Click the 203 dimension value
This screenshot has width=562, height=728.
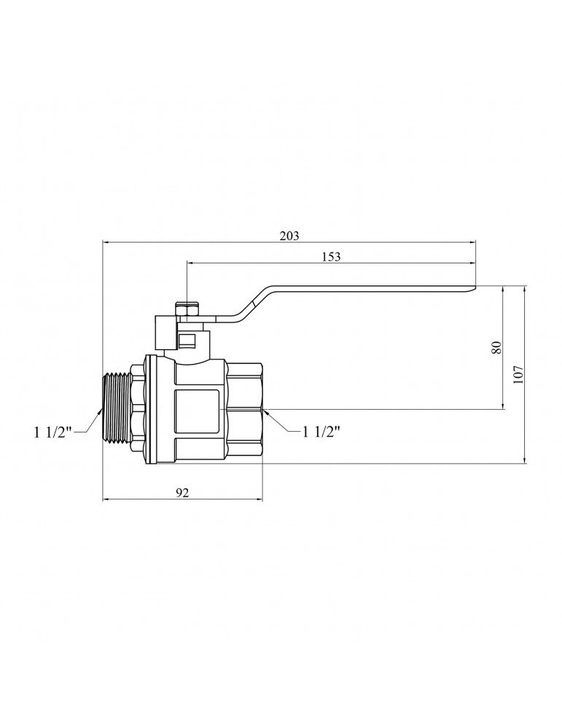click(x=289, y=235)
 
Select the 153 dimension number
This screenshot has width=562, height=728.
click(x=331, y=256)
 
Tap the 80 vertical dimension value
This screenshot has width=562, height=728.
click(x=496, y=348)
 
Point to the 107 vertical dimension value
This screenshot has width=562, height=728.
click(x=518, y=374)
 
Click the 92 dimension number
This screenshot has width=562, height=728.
click(x=182, y=493)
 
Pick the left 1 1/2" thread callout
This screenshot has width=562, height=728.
click(x=52, y=432)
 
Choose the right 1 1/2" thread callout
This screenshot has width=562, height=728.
click(x=321, y=432)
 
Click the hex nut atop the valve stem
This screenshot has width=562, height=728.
click(x=187, y=309)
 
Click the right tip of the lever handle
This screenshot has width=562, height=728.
click(x=475, y=289)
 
